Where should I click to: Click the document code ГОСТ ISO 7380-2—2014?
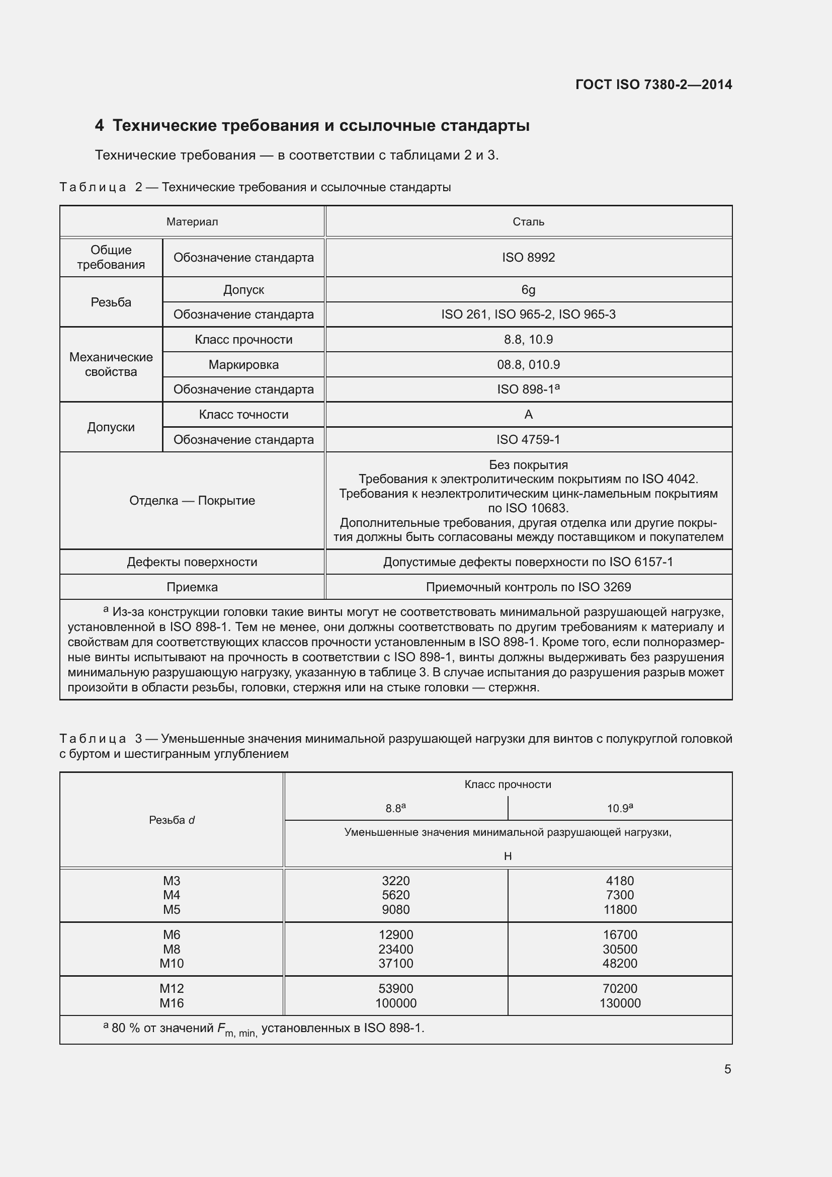tap(653, 85)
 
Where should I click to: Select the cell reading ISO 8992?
tap(528, 257)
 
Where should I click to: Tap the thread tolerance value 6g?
tap(528, 290)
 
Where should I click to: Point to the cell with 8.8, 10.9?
tap(528, 339)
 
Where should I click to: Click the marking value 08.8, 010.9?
tap(528, 364)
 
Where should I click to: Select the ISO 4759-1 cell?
tap(528, 439)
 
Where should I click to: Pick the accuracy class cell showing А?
tap(528, 414)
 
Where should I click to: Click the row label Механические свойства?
tap(111, 364)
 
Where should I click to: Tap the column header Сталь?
tap(528, 221)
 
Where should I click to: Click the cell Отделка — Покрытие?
tap(192, 500)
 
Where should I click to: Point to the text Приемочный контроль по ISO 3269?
tap(528, 587)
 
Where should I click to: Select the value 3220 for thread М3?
tap(395, 881)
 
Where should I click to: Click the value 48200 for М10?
tap(620, 963)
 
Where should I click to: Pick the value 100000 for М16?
tap(395, 1003)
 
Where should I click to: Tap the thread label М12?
tap(171, 988)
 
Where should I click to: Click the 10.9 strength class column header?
tap(620, 809)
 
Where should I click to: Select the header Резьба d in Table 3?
tap(172, 820)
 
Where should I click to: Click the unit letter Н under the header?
tap(508, 856)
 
